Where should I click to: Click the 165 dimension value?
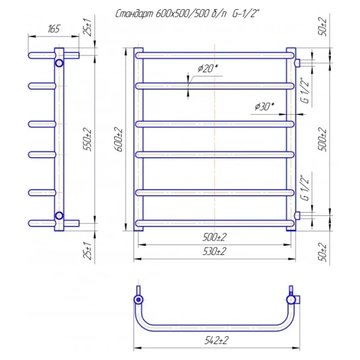54,29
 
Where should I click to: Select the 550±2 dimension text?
87,140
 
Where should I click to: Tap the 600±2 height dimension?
120,140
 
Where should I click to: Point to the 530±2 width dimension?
214,252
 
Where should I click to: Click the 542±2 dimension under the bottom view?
216,340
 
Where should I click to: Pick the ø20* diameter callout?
207,69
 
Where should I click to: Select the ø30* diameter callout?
264,106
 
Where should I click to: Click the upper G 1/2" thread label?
306,91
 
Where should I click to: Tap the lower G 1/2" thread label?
306,188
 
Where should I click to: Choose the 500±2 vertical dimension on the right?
323,139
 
